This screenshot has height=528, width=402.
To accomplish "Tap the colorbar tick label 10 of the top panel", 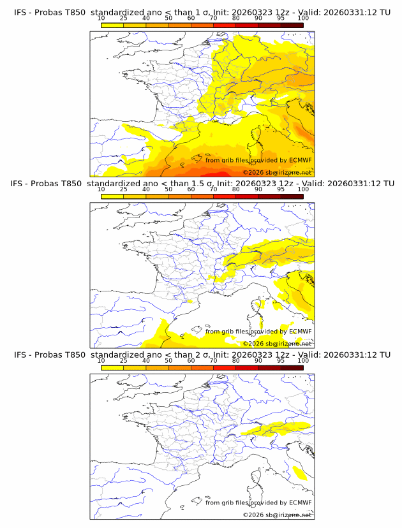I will [101, 18].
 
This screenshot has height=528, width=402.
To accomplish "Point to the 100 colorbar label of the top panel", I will [303, 18].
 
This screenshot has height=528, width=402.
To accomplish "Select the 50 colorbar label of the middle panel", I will [168, 189].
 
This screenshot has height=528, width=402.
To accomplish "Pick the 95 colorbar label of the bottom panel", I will [281, 360].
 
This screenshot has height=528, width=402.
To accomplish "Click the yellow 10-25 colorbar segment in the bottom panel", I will [112, 367].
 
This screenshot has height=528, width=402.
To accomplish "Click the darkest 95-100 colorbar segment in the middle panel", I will [292, 196].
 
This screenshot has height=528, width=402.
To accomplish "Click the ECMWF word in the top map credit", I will [300, 160].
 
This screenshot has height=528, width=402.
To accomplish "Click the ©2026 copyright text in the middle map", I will [253, 343].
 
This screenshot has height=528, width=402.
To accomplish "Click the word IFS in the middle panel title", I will [20, 184].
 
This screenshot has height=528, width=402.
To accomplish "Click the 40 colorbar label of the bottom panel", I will [146, 360].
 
